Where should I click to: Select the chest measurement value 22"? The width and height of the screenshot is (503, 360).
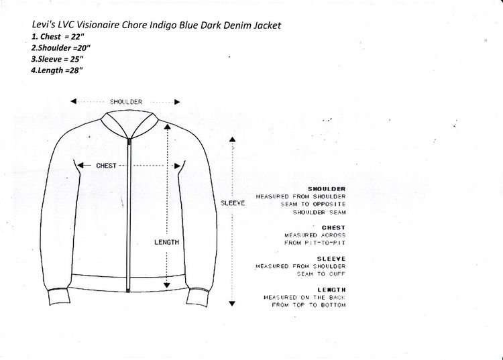(78, 37)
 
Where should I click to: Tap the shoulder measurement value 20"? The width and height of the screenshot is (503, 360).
(84, 48)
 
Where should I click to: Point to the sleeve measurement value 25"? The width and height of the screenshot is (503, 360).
(76, 59)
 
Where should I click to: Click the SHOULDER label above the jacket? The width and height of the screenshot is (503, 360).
(126, 102)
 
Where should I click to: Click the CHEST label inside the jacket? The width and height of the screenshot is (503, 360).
(106, 166)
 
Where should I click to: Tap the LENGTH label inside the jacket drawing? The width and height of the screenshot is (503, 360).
(166, 243)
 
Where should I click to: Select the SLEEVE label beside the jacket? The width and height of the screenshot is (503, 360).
(233, 203)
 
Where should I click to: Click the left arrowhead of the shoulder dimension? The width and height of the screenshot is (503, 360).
(74, 101)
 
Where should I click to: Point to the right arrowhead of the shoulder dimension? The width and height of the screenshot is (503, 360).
(177, 103)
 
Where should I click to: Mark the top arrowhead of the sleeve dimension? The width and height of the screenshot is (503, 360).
(232, 139)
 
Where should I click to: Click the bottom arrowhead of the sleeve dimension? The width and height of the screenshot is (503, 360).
(232, 303)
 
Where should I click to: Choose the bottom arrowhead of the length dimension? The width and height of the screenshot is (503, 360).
(166, 285)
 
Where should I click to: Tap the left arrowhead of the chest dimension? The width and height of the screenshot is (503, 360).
(80, 166)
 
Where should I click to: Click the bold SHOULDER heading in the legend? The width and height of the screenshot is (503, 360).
(327, 189)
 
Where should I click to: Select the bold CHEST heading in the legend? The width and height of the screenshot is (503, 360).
(333, 228)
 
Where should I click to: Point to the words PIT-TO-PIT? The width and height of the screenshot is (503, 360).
(325, 243)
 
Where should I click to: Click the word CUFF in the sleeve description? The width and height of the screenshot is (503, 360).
(337, 274)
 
